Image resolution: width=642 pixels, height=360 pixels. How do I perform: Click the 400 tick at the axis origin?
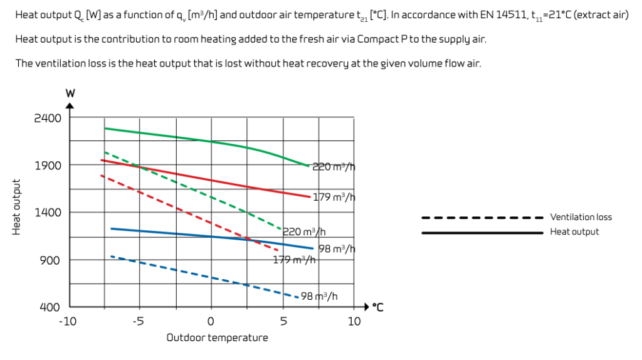pos(50,307)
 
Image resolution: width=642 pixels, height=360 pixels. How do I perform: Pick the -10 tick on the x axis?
pos(68,321)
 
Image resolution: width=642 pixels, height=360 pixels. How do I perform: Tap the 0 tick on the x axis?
pos(211,321)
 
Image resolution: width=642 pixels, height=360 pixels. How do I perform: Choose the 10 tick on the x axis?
pos(354,321)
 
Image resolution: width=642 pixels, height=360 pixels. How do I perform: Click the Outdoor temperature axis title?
pos(217,337)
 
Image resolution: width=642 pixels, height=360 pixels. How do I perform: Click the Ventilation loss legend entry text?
pos(581,217)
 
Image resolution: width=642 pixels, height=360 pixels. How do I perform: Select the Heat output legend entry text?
pos(574,232)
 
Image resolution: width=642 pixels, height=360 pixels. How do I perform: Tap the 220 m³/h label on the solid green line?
pos(334,167)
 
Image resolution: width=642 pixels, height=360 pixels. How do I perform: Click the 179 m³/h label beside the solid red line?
pos(334,197)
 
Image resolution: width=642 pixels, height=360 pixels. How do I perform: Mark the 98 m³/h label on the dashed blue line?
pos(320,297)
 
